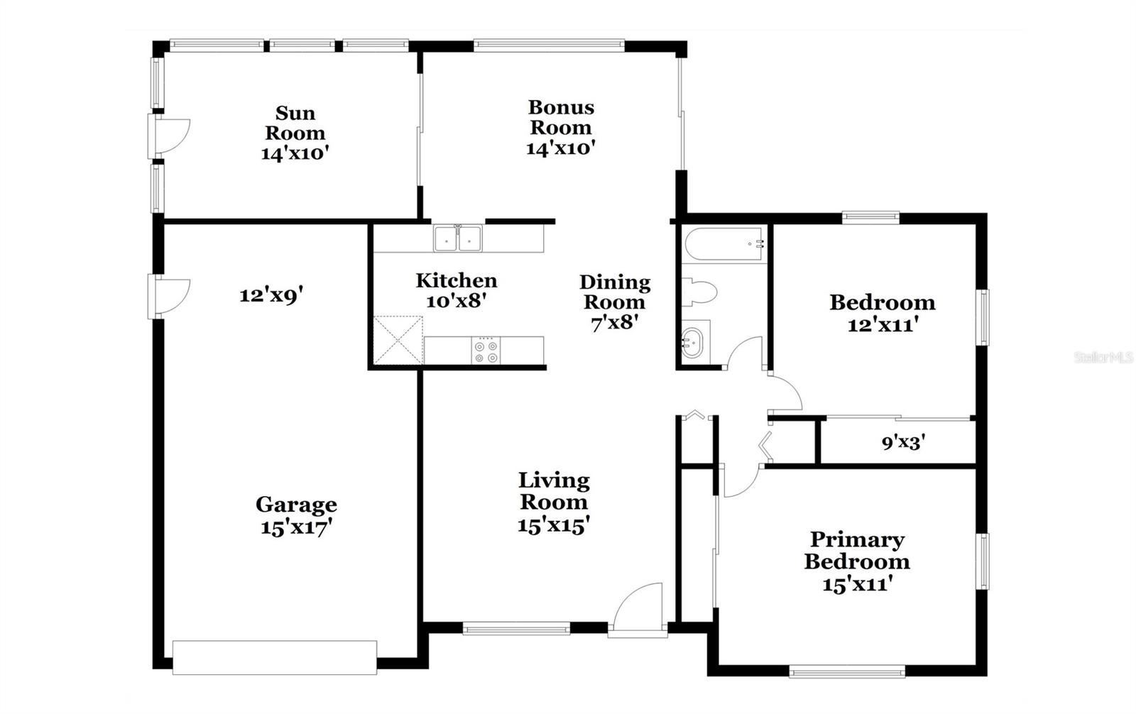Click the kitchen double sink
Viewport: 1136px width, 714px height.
tap(458, 239)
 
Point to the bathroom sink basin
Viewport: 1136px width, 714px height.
tap(694, 343)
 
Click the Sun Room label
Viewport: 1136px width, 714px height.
tap(295, 123)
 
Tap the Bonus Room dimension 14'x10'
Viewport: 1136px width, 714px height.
tap(560, 148)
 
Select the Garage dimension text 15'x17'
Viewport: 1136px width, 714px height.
tap(296, 528)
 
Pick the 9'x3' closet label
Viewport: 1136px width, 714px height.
tap(903, 443)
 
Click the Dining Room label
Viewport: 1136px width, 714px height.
tap(615, 292)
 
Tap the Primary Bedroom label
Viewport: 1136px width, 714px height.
tap(857, 551)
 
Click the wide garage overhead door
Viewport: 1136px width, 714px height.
tap(275, 657)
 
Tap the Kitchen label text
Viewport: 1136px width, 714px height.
tap(456, 280)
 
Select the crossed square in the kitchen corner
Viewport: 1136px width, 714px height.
tap(398, 341)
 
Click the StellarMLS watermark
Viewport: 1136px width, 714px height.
tap(1103, 358)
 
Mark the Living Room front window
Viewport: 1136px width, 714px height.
tap(516, 628)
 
